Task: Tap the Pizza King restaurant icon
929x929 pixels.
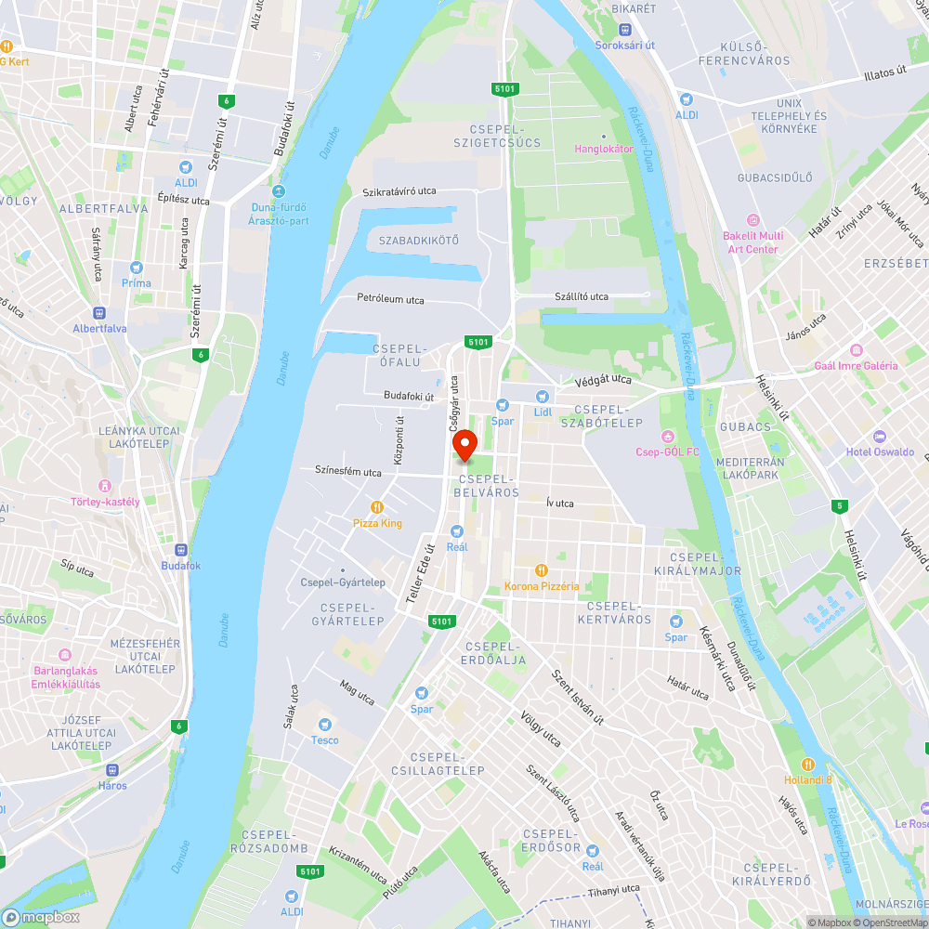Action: pyautogui.click(x=377, y=507)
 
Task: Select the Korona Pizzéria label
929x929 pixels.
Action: pyautogui.click(x=542, y=586)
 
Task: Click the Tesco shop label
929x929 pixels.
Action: pyautogui.click(x=325, y=740)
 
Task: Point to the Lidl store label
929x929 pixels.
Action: pyautogui.click(x=543, y=411)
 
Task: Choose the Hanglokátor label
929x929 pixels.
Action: pyautogui.click(x=604, y=149)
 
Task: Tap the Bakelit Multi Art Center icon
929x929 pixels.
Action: pyautogui.click(x=752, y=220)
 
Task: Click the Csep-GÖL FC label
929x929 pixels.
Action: pyautogui.click(x=666, y=452)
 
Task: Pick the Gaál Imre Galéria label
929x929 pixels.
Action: pyautogui.click(x=856, y=366)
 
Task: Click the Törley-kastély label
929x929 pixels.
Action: pyautogui.click(x=105, y=502)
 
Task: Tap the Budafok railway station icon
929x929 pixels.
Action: pyautogui.click(x=180, y=549)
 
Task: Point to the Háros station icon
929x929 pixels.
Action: pyautogui.click(x=113, y=769)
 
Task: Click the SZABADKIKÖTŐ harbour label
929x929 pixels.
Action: pyautogui.click(x=419, y=241)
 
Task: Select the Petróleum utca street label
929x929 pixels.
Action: pyautogui.click(x=390, y=299)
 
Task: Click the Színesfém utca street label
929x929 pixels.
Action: pyautogui.click(x=348, y=472)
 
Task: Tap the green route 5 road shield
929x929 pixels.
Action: pyautogui.click(x=839, y=506)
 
